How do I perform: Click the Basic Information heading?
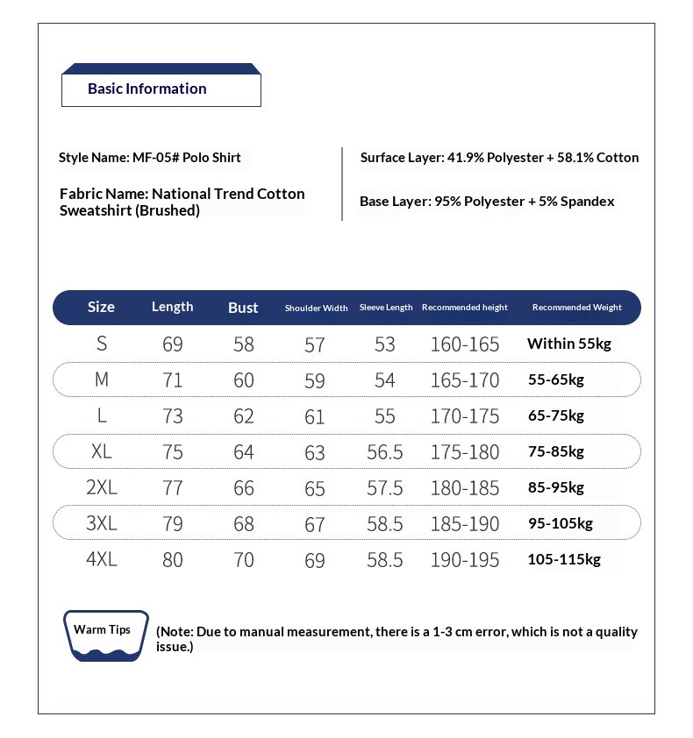147,89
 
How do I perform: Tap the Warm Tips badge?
102,630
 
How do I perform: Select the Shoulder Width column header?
316,308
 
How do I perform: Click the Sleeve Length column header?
386,308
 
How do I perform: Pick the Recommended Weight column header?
576,308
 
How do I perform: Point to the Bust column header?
243,308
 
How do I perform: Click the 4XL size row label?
102,559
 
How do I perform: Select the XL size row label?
102,451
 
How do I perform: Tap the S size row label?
102,344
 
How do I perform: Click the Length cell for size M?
173,380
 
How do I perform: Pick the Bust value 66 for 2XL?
244,487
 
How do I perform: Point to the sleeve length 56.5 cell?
385,451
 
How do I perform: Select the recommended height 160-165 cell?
464,344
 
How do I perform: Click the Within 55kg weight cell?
568,344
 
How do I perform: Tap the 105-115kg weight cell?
564,559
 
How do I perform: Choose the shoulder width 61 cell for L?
315,416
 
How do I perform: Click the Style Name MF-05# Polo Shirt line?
150,158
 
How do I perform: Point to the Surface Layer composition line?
499,158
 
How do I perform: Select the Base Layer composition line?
487,202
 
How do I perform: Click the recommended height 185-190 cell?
464,523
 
